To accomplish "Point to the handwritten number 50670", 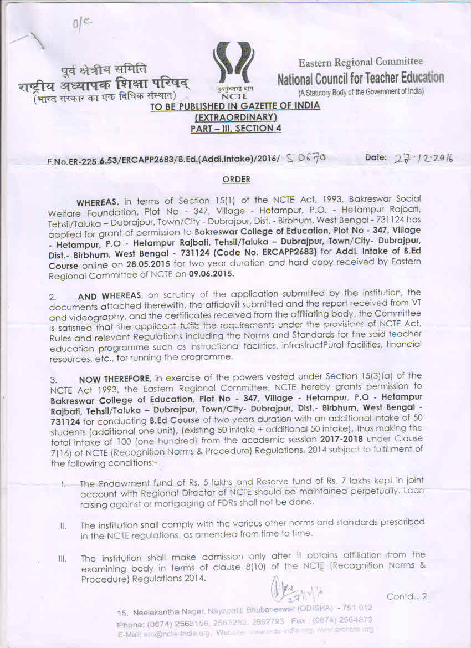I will (x=307, y=159).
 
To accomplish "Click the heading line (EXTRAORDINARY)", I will (x=235, y=118).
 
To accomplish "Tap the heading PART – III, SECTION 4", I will (x=235, y=128).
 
